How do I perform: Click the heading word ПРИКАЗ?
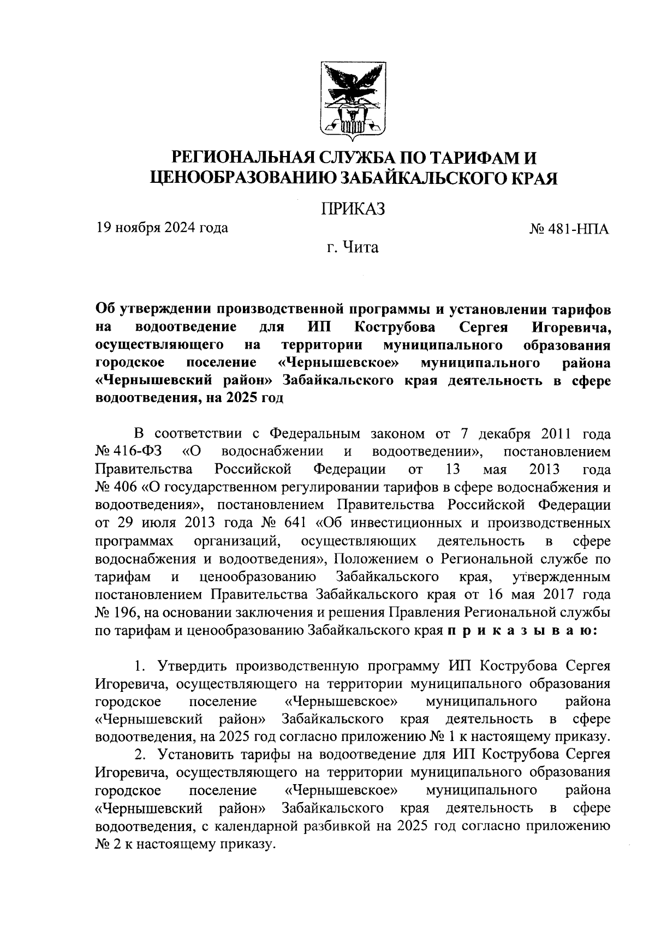(x=353, y=209)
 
